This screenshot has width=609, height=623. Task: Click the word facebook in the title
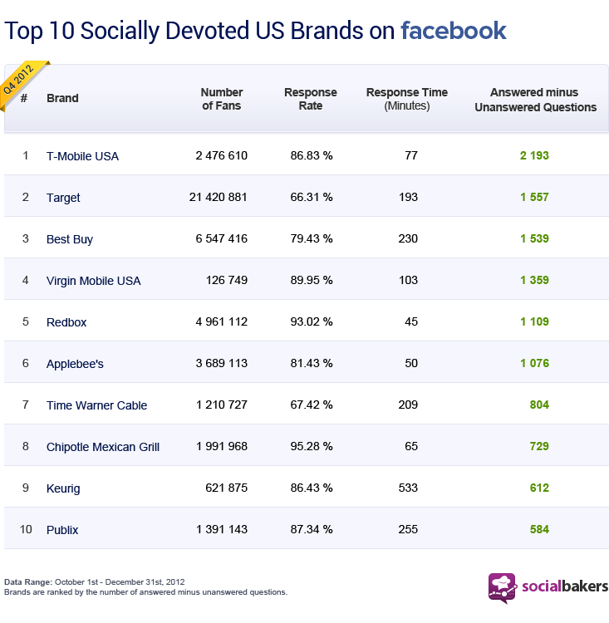453,32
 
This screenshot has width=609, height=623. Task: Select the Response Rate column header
311,99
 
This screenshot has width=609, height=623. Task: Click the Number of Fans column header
222,99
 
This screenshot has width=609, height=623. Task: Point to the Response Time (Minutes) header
406,99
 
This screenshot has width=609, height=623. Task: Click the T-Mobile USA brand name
82,156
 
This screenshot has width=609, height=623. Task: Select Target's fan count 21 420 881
219,198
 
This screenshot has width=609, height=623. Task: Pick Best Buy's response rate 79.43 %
312,239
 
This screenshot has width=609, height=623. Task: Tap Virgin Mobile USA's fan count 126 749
227,281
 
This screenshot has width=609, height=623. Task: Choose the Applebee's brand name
75,364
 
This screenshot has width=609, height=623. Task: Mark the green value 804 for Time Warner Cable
539,405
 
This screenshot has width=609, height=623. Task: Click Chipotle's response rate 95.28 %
312,447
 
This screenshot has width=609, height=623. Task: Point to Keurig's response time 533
407,488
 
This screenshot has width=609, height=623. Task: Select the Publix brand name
62,530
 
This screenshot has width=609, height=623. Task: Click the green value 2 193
534,156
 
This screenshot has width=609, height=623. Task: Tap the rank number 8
25,447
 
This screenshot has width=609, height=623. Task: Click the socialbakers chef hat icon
502,586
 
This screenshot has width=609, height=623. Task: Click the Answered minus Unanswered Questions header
535,99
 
